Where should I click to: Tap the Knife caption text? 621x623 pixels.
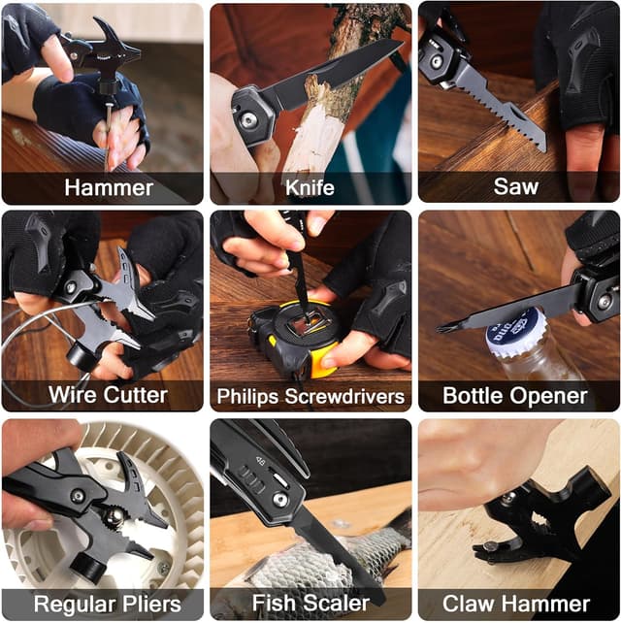tap(310, 187)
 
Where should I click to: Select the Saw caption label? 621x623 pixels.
tap(515, 187)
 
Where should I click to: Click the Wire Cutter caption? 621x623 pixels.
tap(108, 395)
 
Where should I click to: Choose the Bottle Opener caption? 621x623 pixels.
tap(515, 395)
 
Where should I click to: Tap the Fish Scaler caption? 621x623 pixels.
tap(310, 604)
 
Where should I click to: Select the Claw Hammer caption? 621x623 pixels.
tap(515, 604)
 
